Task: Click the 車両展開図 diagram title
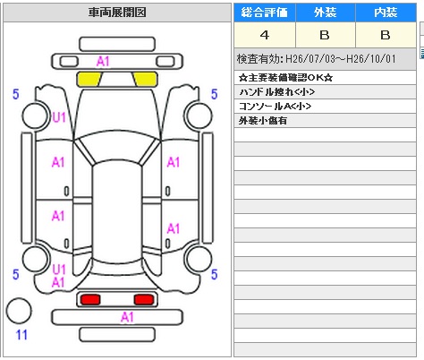[117, 13]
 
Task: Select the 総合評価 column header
[265, 13]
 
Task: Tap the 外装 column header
[326, 13]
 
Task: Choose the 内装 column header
[386, 13]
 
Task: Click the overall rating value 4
[265, 35]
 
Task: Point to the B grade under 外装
[325, 35]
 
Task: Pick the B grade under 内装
[386, 35]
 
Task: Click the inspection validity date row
[317, 59]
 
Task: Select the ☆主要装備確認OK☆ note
[285, 78]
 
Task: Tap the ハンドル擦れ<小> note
[276, 92]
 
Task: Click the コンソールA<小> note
[275, 107]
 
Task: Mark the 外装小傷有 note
[263, 121]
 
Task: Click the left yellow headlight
[89, 79]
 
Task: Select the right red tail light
[144, 299]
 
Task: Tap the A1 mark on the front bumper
[103, 62]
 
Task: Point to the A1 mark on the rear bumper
[127, 317]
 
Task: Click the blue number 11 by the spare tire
[21, 335]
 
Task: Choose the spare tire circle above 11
[19, 311]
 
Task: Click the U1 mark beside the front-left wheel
[59, 117]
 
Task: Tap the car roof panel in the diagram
[117, 212]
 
